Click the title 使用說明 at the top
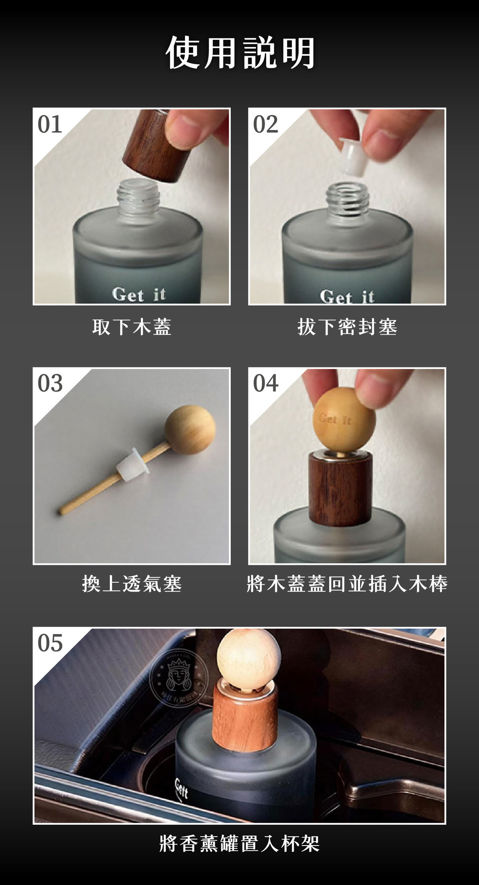tap(240, 53)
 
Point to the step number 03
tap(50, 383)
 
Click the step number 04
tap(265, 383)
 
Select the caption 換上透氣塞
tap(131, 584)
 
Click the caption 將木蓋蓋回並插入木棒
tap(347, 584)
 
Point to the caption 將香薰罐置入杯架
tap(239, 843)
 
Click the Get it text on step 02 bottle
tap(347, 296)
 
